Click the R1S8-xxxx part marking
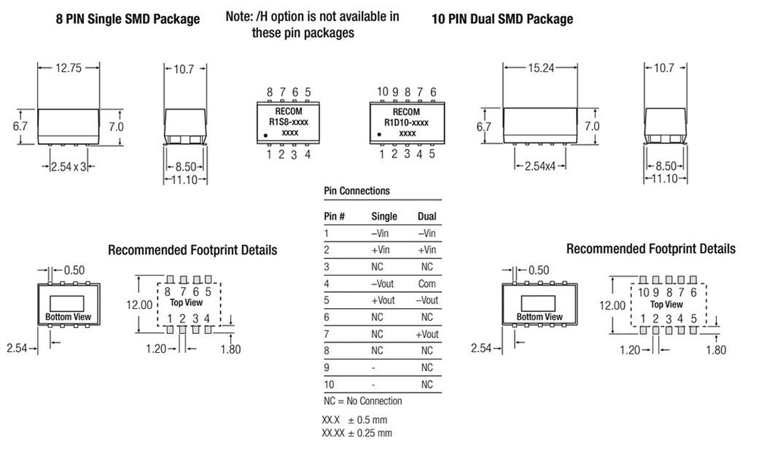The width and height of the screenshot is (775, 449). (x=289, y=122)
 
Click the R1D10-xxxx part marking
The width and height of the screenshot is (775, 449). (x=407, y=122)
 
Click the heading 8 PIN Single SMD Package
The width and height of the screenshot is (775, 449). (x=128, y=19)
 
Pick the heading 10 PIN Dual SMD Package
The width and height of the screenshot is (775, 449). (x=502, y=19)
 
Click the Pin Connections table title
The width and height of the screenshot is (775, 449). (x=356, y=191)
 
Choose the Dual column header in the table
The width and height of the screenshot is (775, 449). (x=427, y=216)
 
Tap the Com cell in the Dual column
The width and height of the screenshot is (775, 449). (x=427, y=283)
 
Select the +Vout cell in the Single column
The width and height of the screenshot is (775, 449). (x=384, y=300)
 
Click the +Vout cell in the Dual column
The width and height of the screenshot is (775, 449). (x=427, y=334)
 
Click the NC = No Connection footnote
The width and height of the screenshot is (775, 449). (x=363, y=401)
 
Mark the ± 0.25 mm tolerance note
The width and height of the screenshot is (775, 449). (x=357, y=433)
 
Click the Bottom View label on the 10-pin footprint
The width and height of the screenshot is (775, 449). (x=540, y=316)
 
